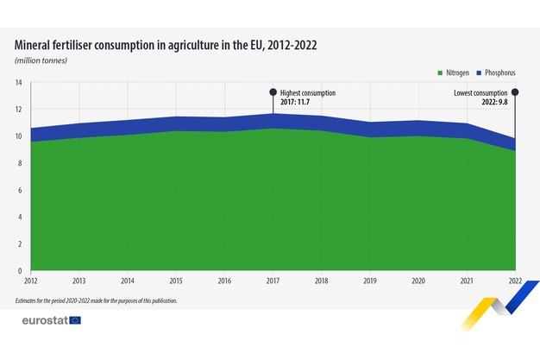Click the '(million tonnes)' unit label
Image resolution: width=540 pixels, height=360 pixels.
(41, 60)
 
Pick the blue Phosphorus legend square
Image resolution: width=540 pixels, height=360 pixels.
(480, 73)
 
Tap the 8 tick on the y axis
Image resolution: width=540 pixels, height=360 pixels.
(20, 164)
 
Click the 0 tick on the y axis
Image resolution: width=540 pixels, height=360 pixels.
(20, 272)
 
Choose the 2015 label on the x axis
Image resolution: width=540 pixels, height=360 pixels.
(176, 281)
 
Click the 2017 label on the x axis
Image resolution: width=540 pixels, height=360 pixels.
(273, 281)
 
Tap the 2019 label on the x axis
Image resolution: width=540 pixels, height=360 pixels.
(370, 281)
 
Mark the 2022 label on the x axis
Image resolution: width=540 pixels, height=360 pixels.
(515, 281)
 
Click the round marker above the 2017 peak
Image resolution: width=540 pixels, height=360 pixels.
(273, 92)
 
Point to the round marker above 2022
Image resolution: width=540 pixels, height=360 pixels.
(515, 92)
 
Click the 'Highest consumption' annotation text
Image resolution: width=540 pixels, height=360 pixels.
(308, 92)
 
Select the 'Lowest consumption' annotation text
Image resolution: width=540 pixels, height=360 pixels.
(481, 92)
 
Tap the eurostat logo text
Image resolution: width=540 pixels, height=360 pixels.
(45, 320)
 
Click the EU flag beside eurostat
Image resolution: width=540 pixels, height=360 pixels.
(75, 320)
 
